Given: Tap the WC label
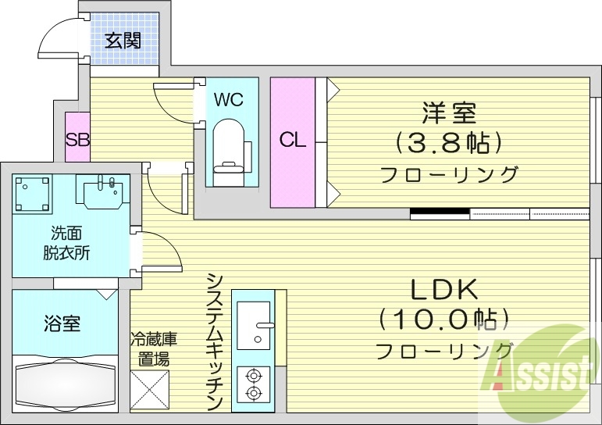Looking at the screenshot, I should point(229,100).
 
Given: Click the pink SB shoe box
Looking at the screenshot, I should point(77,140).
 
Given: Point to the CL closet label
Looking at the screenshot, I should point(293,141).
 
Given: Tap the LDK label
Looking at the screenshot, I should point(444,290).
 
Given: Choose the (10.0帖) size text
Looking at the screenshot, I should point(443,320).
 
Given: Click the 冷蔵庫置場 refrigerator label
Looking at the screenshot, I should point(153,349).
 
